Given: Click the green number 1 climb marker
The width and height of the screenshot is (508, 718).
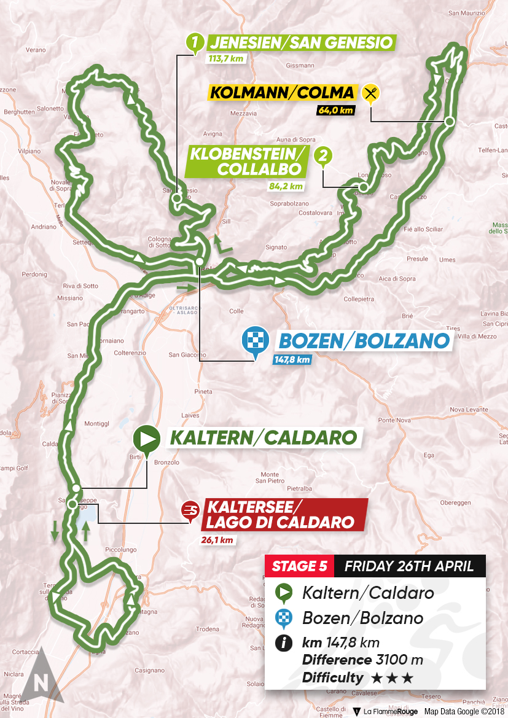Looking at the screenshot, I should (x=195, y=42).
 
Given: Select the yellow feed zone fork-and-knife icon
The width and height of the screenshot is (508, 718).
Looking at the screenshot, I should (x=370, y=93).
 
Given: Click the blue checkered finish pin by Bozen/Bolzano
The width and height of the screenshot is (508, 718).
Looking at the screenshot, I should (x=254, y=339).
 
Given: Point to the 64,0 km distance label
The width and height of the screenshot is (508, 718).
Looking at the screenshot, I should (x=335, y=111).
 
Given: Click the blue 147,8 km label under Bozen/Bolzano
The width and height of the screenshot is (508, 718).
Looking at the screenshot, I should (x=293, y=359).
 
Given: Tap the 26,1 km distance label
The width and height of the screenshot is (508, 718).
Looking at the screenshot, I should (x=217, y=540).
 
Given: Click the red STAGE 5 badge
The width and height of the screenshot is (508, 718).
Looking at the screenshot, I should (x=299, y=566).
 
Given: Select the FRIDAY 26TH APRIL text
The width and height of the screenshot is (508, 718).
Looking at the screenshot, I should (x=408, y=566).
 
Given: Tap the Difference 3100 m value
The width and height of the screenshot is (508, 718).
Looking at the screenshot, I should (x=362, y=660).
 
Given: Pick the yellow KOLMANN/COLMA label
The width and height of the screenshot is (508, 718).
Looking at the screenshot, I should (x=283, y=93).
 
